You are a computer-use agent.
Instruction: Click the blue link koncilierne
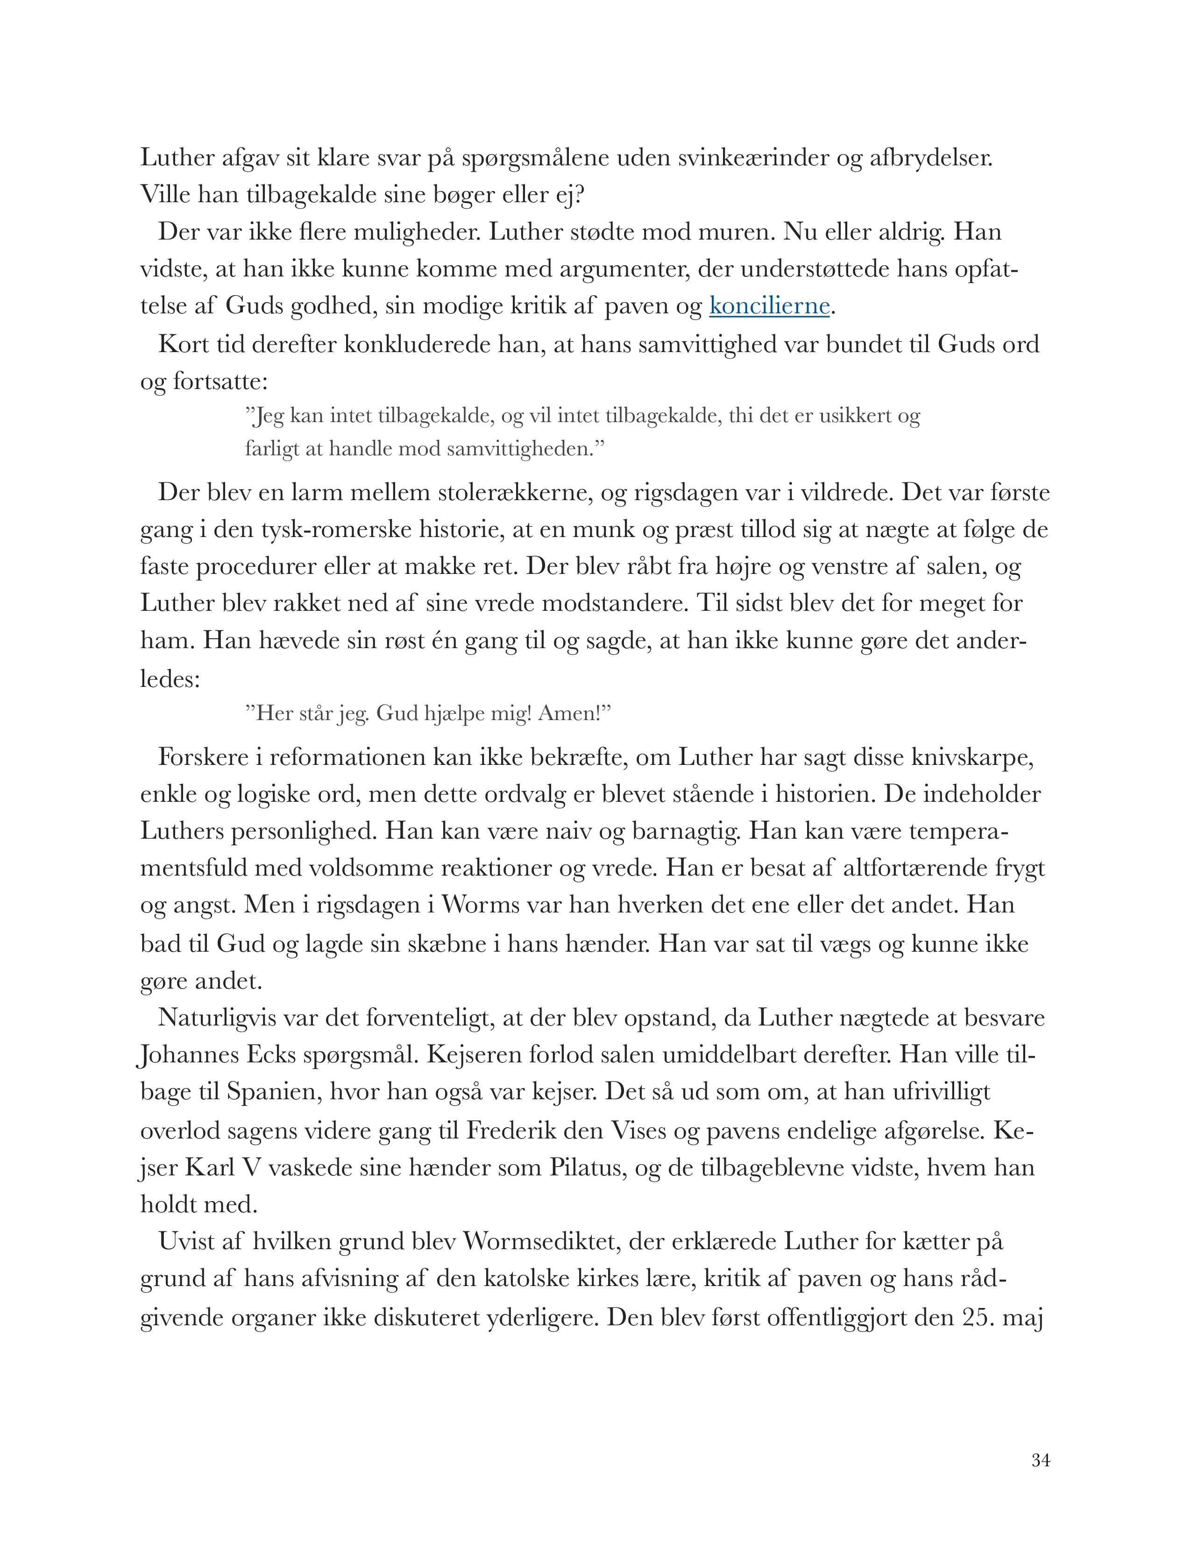coord(769,306)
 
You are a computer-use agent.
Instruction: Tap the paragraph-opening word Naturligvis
coord(217,1018)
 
